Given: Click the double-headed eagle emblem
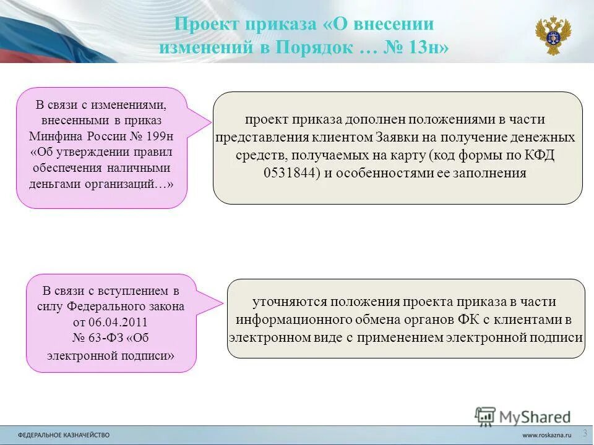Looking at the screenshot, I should click(553, 36).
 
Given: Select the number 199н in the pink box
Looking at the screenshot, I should click(159, 135).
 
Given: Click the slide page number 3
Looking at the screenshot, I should click(585, 432).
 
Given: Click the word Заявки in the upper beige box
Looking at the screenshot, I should click(397, 137).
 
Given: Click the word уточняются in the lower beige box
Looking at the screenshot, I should click(289, 302).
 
